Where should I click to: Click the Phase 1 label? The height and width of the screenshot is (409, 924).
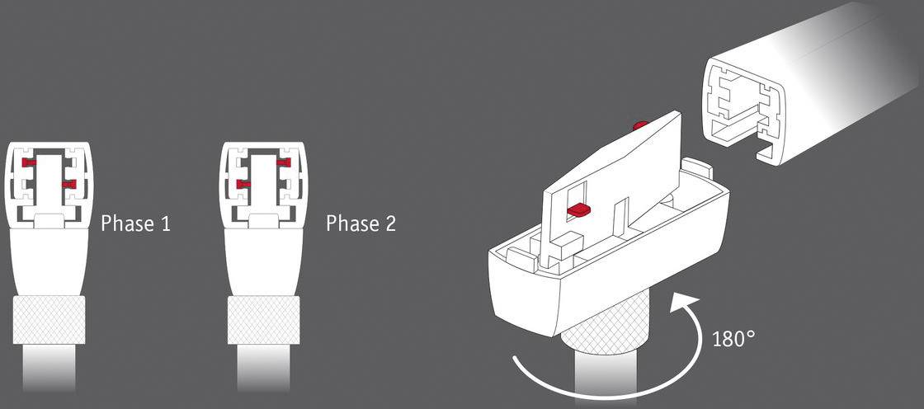coord(135,223)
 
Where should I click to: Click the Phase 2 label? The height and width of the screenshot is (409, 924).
coord(361,223)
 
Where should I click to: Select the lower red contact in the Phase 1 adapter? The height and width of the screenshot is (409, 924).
coord(68,182)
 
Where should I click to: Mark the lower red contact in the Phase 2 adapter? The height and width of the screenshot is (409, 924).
coord(243,182)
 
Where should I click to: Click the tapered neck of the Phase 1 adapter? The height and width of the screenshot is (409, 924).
coord(49,260)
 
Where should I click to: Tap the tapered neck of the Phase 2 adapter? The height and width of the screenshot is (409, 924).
coord(263,260)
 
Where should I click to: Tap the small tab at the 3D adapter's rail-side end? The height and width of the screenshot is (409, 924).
coord(698,168)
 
